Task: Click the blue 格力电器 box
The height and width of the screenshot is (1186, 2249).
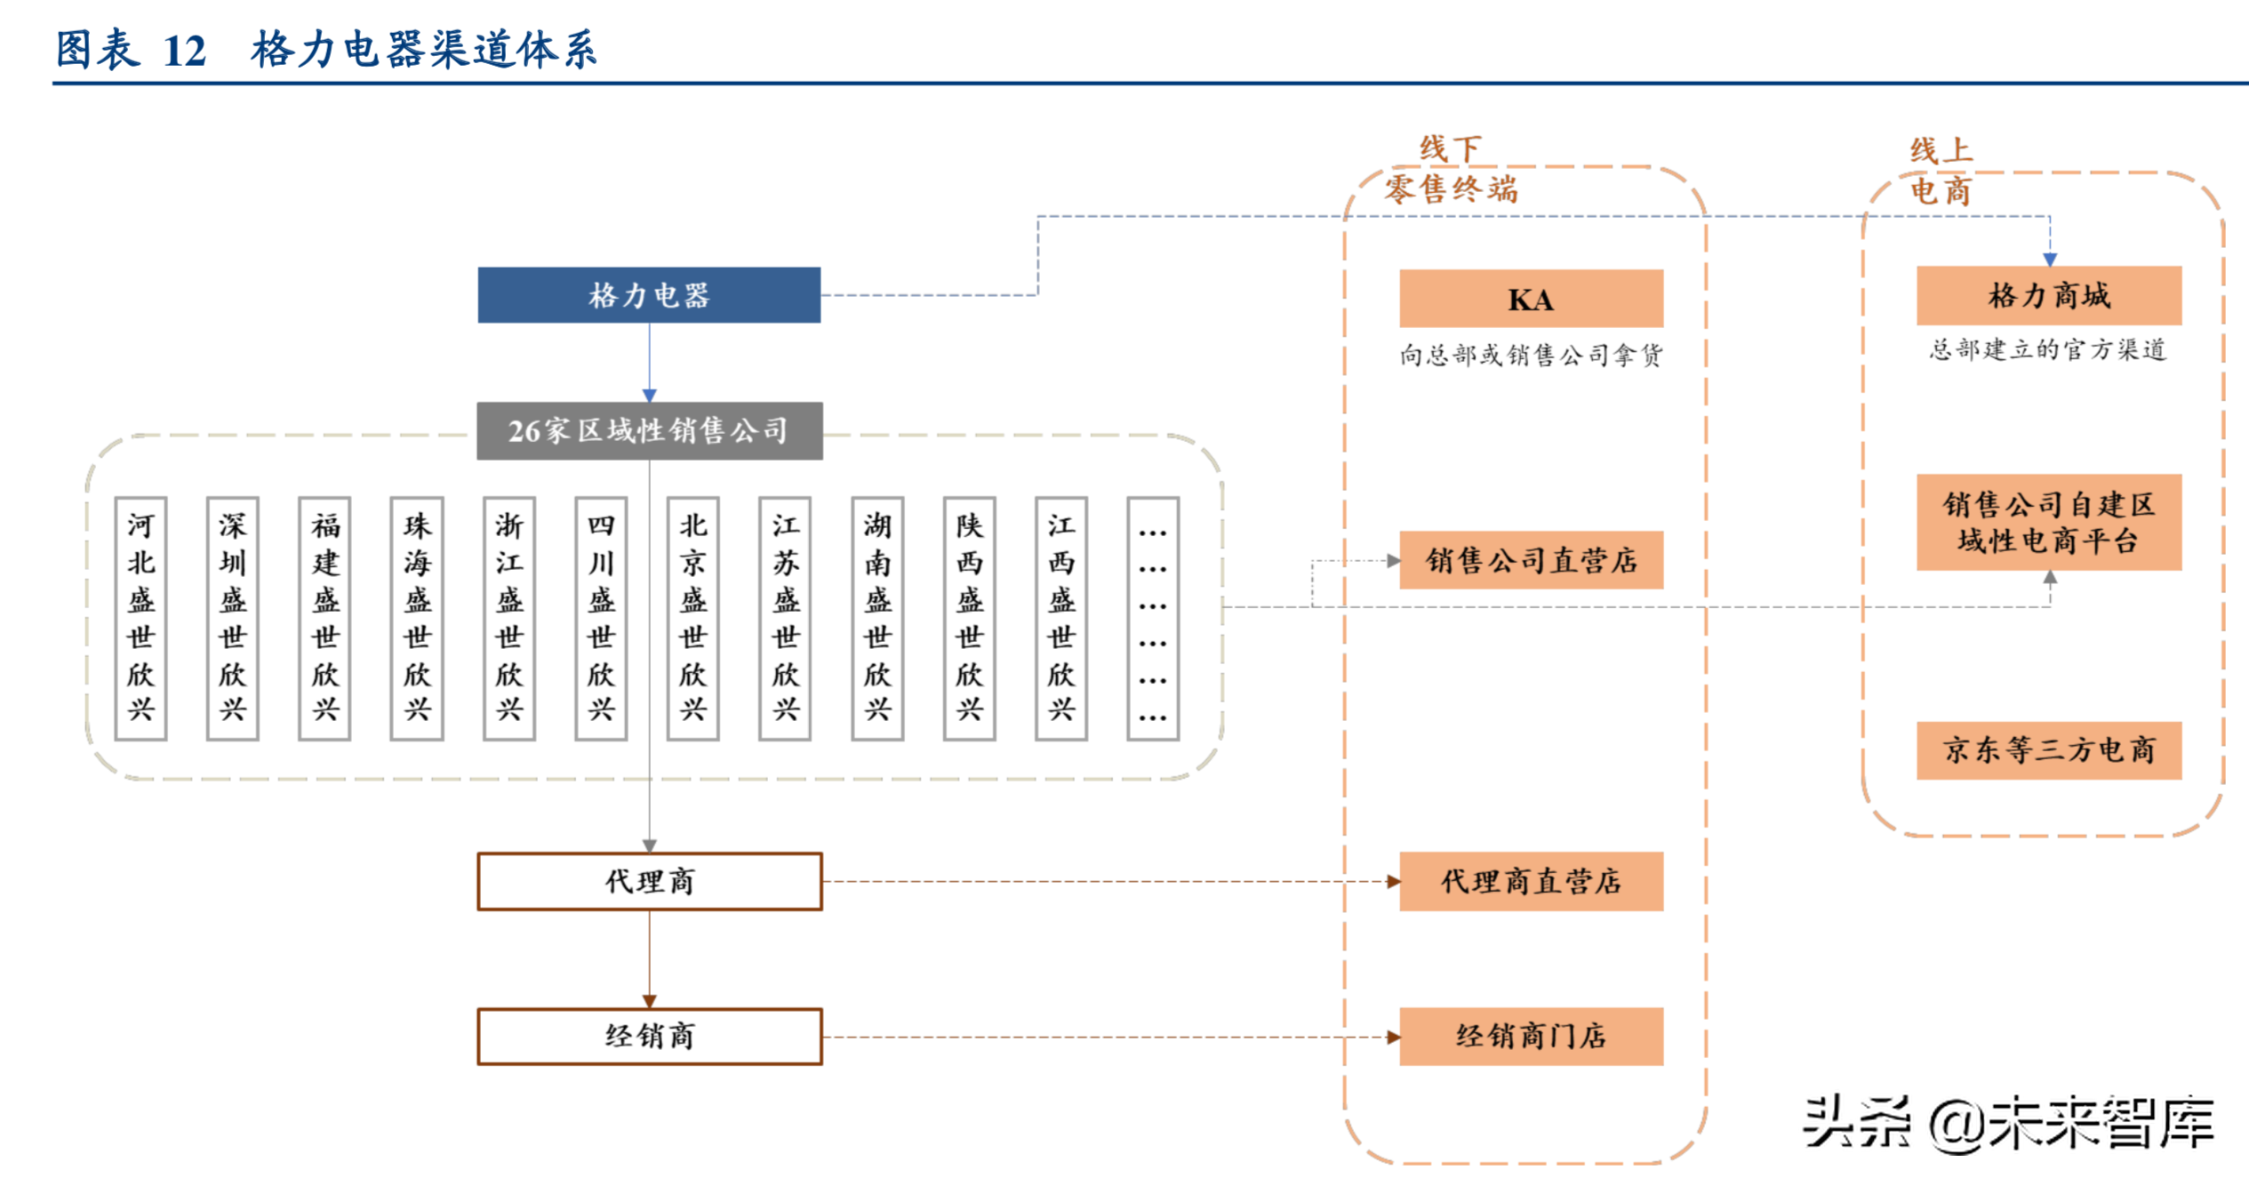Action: click(649, 295)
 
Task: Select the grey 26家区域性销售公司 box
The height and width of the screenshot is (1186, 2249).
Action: click(649, 431)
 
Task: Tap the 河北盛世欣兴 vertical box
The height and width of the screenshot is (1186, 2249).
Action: click(140, 618)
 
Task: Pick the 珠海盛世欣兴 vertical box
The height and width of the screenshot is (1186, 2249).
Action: click(417, 618)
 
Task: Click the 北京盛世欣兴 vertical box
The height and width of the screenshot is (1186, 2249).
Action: click(693, 618)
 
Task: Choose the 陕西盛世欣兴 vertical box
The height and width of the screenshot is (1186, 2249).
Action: click(969, 618)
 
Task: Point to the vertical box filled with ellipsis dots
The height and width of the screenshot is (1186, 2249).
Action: click(1153, 618)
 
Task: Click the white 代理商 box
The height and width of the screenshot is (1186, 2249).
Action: click(649, 881)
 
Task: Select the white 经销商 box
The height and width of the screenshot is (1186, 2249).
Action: click(649, 1036)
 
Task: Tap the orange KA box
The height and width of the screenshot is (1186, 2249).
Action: click(1531, 300)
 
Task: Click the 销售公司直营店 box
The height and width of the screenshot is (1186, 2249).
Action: click(1531, 560)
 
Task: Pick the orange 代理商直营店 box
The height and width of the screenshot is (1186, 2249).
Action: click(1531, 881)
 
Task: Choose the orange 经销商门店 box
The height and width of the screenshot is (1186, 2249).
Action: click(1531, 1036)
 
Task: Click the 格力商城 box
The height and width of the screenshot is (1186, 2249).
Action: click(2048, 295)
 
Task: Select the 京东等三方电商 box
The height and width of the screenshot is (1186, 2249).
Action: click(2048, 750)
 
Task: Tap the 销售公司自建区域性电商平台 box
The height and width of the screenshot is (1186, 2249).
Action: click(2048, 523)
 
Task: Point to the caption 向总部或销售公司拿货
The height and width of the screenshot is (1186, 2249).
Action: click(1531, 356)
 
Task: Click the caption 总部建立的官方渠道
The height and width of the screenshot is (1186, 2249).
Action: click(2048, 349)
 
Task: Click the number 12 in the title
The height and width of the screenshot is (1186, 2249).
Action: click(185, 51)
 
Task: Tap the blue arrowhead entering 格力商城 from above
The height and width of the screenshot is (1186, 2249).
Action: click(2050, 259)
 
